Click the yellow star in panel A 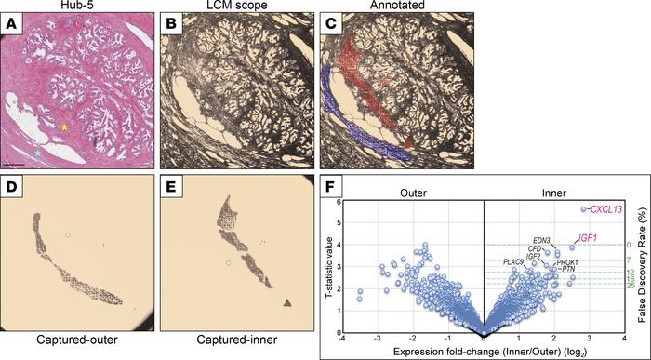(64, 125)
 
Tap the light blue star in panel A (38, 150)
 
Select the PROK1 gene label (567, 263)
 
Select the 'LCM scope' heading (234, 7)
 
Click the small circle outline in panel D (66, 235)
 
